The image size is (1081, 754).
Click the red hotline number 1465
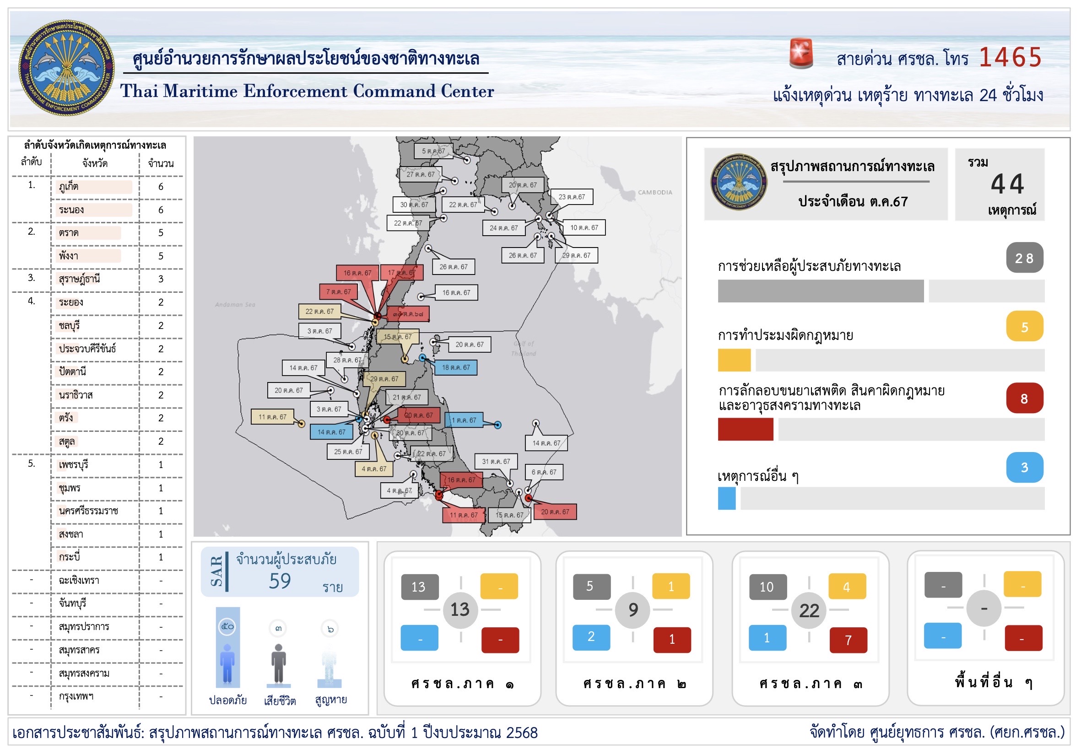(1010, 58)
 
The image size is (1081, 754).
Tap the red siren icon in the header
(801, 53)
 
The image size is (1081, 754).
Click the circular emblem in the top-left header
(66, 67)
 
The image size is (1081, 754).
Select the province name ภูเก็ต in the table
(69, 187)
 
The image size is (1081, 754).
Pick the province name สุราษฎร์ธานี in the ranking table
(80, 279)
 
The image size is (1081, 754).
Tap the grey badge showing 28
(1024, 258)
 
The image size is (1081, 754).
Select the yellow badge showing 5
(1024, 327)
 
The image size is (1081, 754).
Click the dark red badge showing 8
(1024, 399)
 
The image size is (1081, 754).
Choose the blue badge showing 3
(1024, 468)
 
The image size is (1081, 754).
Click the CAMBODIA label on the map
(654, 193)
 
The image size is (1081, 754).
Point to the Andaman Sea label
(235, 305)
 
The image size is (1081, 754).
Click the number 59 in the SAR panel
(280, 581)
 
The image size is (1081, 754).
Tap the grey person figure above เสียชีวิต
(279, 663)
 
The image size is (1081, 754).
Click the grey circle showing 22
(809, 610)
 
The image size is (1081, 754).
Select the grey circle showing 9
(633, 610)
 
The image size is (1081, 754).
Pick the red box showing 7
(848, 640)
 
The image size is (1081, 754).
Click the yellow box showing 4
(847, 587)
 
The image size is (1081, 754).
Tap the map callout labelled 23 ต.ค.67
(572, 197)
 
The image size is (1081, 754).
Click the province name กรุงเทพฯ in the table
(76, 696)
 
